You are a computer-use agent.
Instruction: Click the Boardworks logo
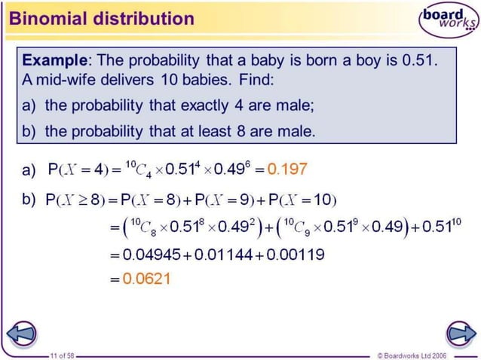coord(449,20)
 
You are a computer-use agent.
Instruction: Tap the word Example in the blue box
coord(54,59)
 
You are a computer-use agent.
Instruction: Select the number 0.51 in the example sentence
coord(421,59)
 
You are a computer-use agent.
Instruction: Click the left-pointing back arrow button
coord(23,332)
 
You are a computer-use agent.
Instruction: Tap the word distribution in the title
coord(135,18)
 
